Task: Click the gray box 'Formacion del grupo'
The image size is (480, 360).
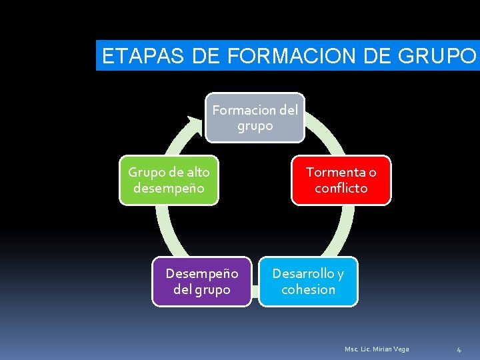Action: [255, 117]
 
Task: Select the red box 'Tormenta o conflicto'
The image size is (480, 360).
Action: [341, 180]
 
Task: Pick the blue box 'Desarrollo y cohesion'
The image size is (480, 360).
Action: [308, 281]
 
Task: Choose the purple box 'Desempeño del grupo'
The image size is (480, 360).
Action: [201, 281]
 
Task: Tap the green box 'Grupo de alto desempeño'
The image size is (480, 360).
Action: [169, 180]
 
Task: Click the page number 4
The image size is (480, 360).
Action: [459, 349]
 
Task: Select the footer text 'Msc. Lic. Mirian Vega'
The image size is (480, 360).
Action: [377, 349]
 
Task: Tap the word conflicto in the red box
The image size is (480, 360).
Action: [341, 188]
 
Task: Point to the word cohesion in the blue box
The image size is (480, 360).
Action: [308, 289]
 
